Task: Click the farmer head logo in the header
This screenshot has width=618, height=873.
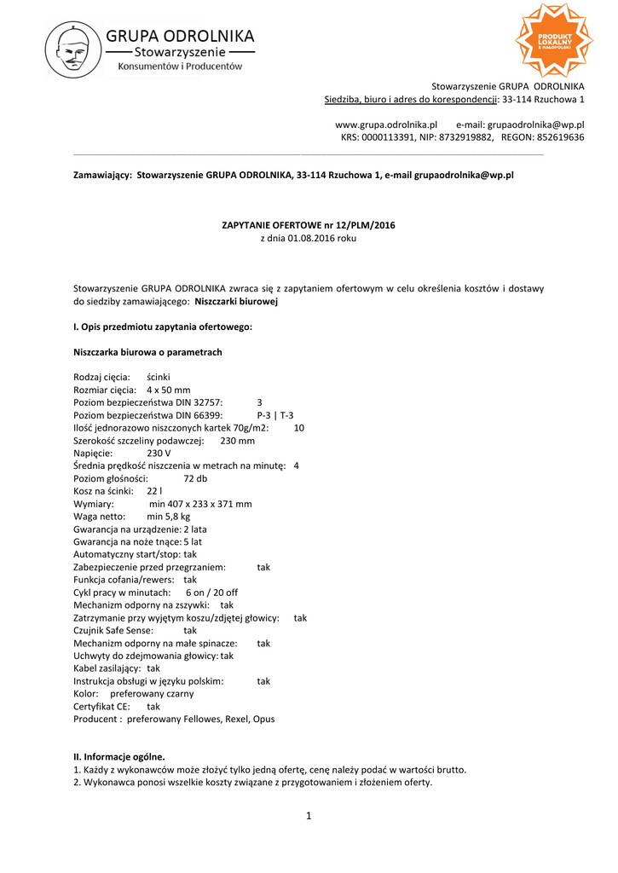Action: click(73, 50)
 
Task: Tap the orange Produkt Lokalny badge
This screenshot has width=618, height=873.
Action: click(553, 40)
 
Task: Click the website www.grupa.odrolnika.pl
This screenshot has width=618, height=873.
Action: click(386, 124)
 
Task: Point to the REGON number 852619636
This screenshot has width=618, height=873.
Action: click(557, 137)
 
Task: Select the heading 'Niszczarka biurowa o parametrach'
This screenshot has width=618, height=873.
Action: click(148, 352)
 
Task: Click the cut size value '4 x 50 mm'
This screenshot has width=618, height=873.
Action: click(169, 390)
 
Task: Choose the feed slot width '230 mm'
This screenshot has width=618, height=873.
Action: click(238, 441)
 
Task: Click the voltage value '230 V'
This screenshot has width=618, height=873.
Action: click(159, 454)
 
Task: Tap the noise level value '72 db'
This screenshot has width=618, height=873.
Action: click(195, 479)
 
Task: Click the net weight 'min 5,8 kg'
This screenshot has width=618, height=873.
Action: click(169, 517)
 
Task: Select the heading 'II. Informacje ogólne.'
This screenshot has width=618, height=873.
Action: click(119, 756)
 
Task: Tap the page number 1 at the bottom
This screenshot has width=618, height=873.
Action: click(309, 817)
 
